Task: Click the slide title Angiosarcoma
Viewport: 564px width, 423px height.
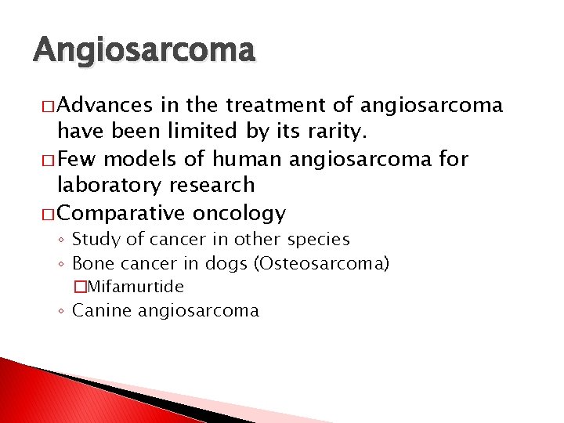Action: (x=144, y=51)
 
